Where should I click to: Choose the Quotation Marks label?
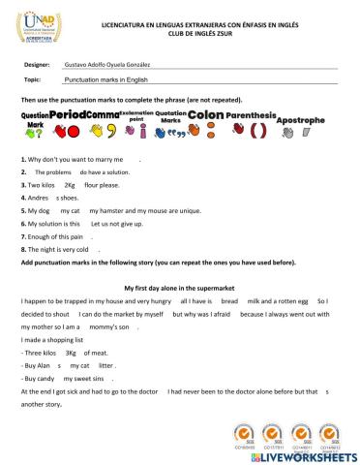click(x=170, y=115)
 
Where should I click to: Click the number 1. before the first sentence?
click(x=22, y=157)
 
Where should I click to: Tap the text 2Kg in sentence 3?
click(x=69, y=182)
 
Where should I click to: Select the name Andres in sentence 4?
click(x=40, y=196)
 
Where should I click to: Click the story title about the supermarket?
click(x=178, y=289)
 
